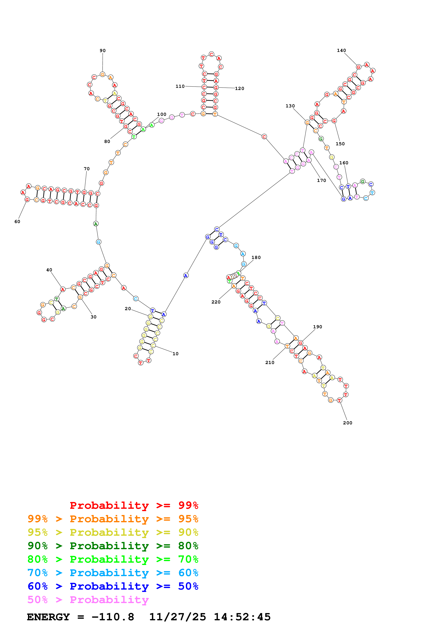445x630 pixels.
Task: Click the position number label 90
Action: [x=102, y=50]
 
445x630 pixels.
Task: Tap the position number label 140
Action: [x=341, y=50]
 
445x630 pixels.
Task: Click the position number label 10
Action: [x=176, y=354]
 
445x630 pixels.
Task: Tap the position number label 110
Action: [x=180, y=86]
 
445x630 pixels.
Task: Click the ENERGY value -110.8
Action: [x=113, y=617]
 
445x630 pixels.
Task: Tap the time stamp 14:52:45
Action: [x=242, y=617]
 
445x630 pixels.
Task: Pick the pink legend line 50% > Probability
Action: [x=88, y=600]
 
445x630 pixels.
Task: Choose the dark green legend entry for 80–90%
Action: [x=113, y=546]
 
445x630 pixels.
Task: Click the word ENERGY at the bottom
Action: [x=48, y=617]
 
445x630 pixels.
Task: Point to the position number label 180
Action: [x=256, y=257]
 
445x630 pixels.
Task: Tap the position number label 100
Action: [x=162, y=114]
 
